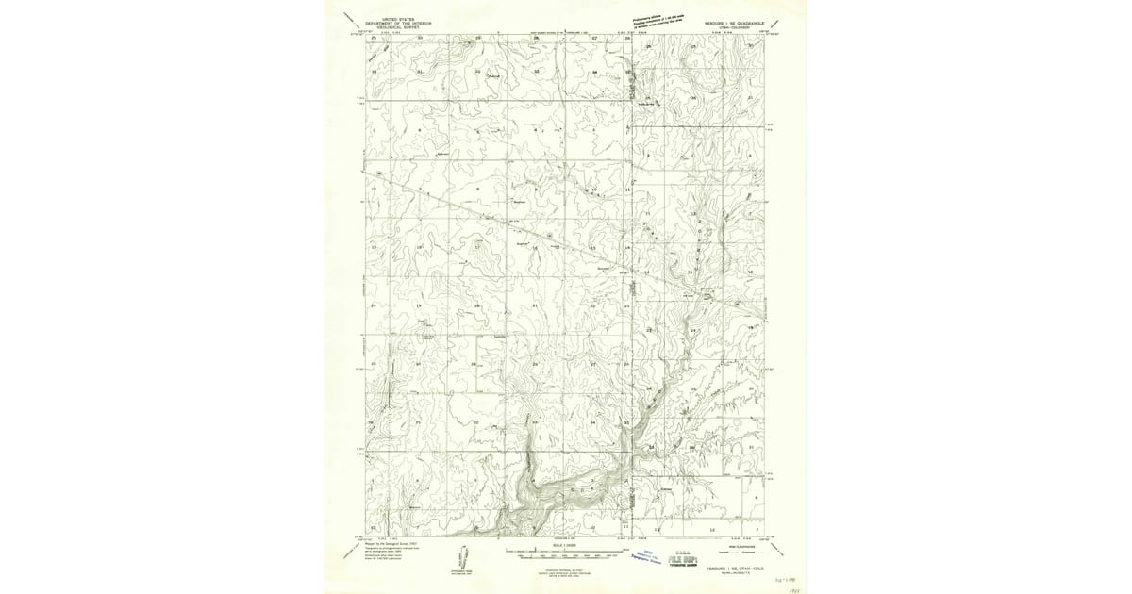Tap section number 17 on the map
pyautogui.click(x=477, y=247)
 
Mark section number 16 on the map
pyautogui.click(x=535, y=247)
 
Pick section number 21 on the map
pyautogui.click(x=535, y=306)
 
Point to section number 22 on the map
pyautogui.click(x=592, y=306)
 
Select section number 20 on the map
pyautogui.click(x=477, y=306)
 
